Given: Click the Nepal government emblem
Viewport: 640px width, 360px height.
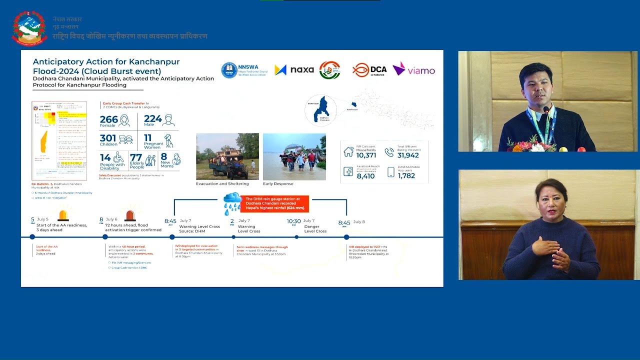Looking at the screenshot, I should pos(29,28).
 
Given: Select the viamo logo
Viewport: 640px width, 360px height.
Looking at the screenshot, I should pos(413,69).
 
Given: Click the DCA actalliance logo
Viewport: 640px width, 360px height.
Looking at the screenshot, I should pos(368,70).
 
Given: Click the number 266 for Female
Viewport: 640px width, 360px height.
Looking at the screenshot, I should pos(108,119).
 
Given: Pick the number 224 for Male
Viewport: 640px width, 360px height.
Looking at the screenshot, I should pos(152,119).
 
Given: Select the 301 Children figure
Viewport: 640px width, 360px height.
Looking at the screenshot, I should pos(108,138).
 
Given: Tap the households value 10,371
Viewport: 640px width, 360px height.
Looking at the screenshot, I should pos(366,155).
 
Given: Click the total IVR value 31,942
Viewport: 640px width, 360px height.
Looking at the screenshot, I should pos(407,155).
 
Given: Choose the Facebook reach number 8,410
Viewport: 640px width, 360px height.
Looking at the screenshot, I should pos(365,176).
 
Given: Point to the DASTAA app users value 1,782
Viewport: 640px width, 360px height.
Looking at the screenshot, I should pos(406,176).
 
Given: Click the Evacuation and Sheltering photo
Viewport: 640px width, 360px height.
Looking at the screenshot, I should pos(227,156).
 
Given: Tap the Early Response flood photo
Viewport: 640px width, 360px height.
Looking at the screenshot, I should pos(294,156).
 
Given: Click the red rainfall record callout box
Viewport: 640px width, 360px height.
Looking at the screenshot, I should pos(275,203).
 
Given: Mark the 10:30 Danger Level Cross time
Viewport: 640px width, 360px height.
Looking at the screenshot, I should pos(293,221).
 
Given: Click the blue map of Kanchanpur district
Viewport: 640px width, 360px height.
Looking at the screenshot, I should pos(321,109).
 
